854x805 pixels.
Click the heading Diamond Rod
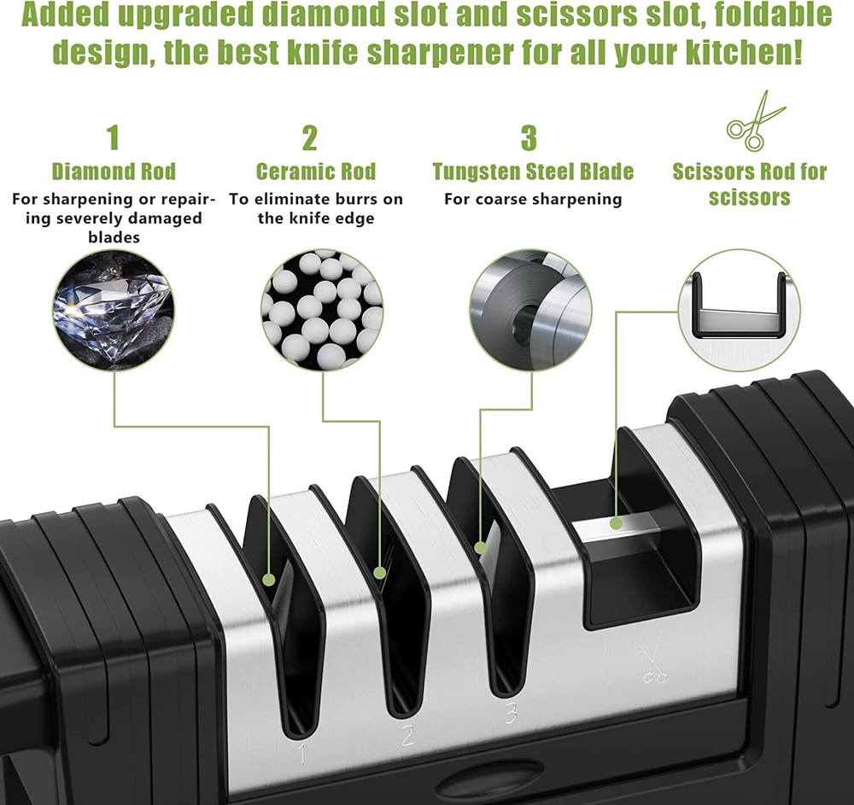coord(114,171)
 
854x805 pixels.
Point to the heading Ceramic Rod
coord(315,171)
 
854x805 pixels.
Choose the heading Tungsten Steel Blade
coord(533,171)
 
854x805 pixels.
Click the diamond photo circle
coord(113,310)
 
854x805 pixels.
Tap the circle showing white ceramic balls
coord(322,310)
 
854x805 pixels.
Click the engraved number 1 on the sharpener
coord(301,753)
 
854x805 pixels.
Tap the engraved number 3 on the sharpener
coord(511,712)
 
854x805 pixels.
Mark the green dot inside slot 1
coord(269,580)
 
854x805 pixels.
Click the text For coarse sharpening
coord(533,199)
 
